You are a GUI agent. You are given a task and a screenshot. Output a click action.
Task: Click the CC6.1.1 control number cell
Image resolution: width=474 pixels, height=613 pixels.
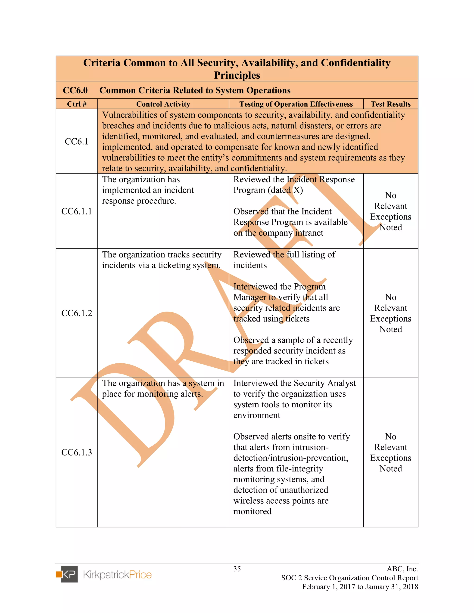[x=77, y=211]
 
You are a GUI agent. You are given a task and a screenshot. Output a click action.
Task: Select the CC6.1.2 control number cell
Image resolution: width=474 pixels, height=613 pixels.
[x=77, y=313]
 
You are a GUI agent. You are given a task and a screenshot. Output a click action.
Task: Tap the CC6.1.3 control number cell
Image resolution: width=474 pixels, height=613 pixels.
[x=77, y=452]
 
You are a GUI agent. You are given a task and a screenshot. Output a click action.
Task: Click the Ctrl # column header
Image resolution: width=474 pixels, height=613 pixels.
[x=77, y=104]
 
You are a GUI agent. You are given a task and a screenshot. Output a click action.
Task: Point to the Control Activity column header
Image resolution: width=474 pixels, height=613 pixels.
[x=163, y=104]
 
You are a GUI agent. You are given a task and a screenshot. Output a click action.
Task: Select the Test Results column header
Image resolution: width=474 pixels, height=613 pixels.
[x=391, y=104]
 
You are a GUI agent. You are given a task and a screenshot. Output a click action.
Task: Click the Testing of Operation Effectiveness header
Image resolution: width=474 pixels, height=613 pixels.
[x=296, y=104]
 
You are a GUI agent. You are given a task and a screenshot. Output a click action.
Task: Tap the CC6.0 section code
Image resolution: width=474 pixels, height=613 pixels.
[x=75, y=90]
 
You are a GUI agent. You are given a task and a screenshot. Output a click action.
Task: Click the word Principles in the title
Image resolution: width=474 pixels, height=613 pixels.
[x=237, y=75]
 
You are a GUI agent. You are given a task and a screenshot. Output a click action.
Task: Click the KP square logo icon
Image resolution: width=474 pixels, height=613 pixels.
[x=67, y=574]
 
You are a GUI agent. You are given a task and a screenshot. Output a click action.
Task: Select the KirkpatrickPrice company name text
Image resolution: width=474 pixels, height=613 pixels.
[x=117, y=575]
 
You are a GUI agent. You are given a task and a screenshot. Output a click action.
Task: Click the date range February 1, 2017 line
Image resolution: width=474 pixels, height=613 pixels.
[x=360, y=587]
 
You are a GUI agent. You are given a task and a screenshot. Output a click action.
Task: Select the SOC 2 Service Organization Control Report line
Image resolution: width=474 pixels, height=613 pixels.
[x=350, y=578]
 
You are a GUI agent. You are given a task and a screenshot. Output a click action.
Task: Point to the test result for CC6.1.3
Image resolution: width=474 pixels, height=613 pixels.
[x=391, y=452]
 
